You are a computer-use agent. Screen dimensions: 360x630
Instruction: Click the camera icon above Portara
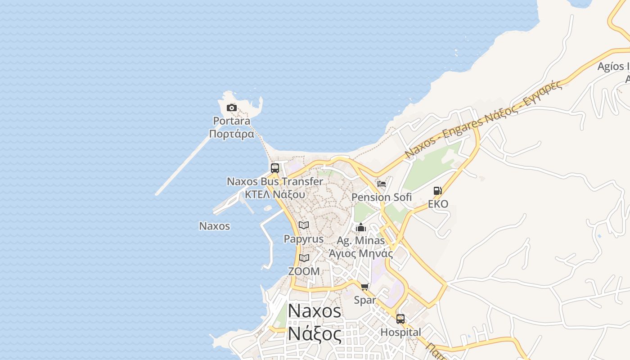coord(232,108)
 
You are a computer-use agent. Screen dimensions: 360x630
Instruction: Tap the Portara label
coord(232,121)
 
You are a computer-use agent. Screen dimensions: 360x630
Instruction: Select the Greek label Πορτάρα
coord(232,134)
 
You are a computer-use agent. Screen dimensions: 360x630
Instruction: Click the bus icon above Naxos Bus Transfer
coord(275,168)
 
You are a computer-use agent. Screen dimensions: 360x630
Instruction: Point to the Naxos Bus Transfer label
coord(275,182)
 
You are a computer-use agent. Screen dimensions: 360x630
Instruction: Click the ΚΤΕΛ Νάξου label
coord(275,194)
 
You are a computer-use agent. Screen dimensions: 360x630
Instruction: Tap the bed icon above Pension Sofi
coord(382,184)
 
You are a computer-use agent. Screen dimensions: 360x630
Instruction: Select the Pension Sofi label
coord(382,197)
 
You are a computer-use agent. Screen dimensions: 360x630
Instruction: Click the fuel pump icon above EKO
coord(438,191)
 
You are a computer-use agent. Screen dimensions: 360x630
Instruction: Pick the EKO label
coord(438,204)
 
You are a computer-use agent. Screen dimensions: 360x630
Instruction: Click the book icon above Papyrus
coord(304,225)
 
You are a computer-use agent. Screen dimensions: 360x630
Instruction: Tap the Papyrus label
coord(304,238)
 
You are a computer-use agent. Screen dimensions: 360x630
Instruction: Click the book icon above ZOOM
coord(304,258)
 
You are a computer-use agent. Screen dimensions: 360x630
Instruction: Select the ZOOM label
coord(304,271)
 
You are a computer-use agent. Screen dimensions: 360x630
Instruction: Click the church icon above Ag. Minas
coord(361,227)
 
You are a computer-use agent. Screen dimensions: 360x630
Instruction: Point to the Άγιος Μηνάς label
coord(361,253)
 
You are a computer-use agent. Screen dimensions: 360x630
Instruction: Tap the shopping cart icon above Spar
coord(365,287)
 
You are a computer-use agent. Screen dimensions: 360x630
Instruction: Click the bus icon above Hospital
coord(400,319)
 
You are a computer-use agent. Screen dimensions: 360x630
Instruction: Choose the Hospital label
coord(400,333)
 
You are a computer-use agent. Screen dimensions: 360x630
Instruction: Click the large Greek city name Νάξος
coord(315,334)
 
